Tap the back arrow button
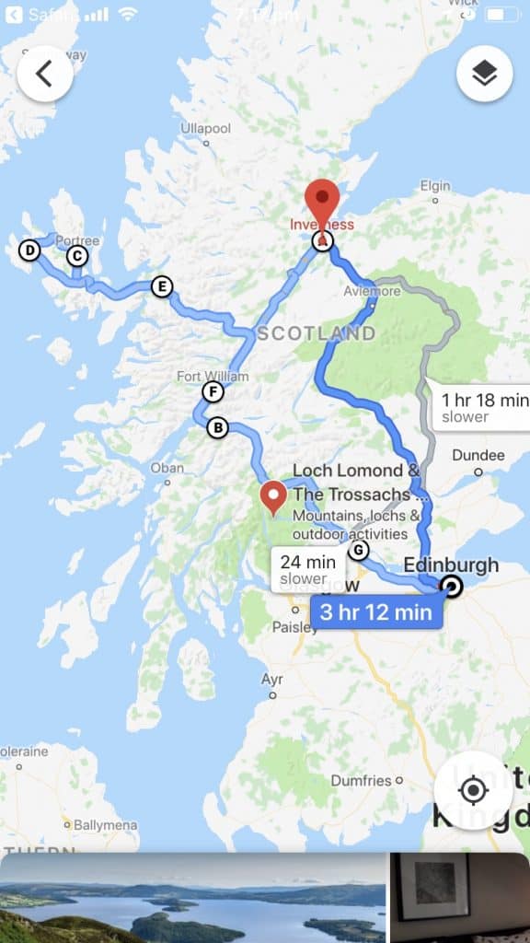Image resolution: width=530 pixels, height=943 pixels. pos(44,75)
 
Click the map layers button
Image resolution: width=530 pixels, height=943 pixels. pos(484,75)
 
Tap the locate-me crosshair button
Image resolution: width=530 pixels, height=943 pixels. pos(473,790)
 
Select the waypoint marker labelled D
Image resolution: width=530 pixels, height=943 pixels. pos(29,250)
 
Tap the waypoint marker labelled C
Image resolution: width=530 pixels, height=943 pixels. pos(77,255)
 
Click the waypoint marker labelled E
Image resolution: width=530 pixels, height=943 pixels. pos(162,286)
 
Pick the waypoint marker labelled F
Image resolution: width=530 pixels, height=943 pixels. pos(213,392)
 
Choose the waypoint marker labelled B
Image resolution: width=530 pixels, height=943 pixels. pos(217,427)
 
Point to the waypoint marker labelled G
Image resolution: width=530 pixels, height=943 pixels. pos(358,551)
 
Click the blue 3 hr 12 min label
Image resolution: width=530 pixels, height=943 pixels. pos(375,612)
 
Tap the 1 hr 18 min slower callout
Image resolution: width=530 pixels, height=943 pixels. pos(478,407)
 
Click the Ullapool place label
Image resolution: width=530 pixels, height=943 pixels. pos(206,128)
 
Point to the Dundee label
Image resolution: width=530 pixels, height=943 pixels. pos(478,455)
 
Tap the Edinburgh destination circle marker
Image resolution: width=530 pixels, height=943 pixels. pos(451,587)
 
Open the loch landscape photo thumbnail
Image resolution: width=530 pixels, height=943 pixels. pos(192,898)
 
